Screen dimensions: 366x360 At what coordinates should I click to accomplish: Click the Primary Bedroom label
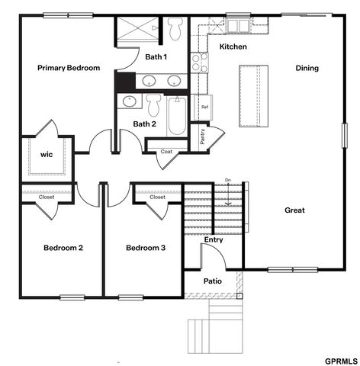[69, 68]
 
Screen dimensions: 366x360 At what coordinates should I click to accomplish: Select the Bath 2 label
[145, 124]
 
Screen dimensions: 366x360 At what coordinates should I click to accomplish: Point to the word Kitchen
[233, 47]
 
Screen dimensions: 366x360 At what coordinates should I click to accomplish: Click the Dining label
[307, 68]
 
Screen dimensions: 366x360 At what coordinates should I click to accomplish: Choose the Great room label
[294, 210]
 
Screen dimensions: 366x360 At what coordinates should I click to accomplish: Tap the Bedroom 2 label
[63, 248]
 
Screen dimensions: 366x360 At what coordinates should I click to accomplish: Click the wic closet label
[47, 154]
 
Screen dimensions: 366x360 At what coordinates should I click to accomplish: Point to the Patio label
[213, 281]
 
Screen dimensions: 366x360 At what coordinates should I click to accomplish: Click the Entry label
[214, 240]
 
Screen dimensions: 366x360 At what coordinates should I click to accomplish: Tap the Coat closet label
[166, 152]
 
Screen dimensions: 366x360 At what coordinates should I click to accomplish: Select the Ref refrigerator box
[204, 108]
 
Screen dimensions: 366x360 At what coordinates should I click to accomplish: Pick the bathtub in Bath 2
[177, 115]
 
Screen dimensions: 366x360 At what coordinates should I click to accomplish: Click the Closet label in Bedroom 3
[157, 197]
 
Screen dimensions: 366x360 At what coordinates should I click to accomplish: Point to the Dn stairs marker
[227, 181]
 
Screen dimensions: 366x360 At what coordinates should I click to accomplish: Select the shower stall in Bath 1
[137, 31]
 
